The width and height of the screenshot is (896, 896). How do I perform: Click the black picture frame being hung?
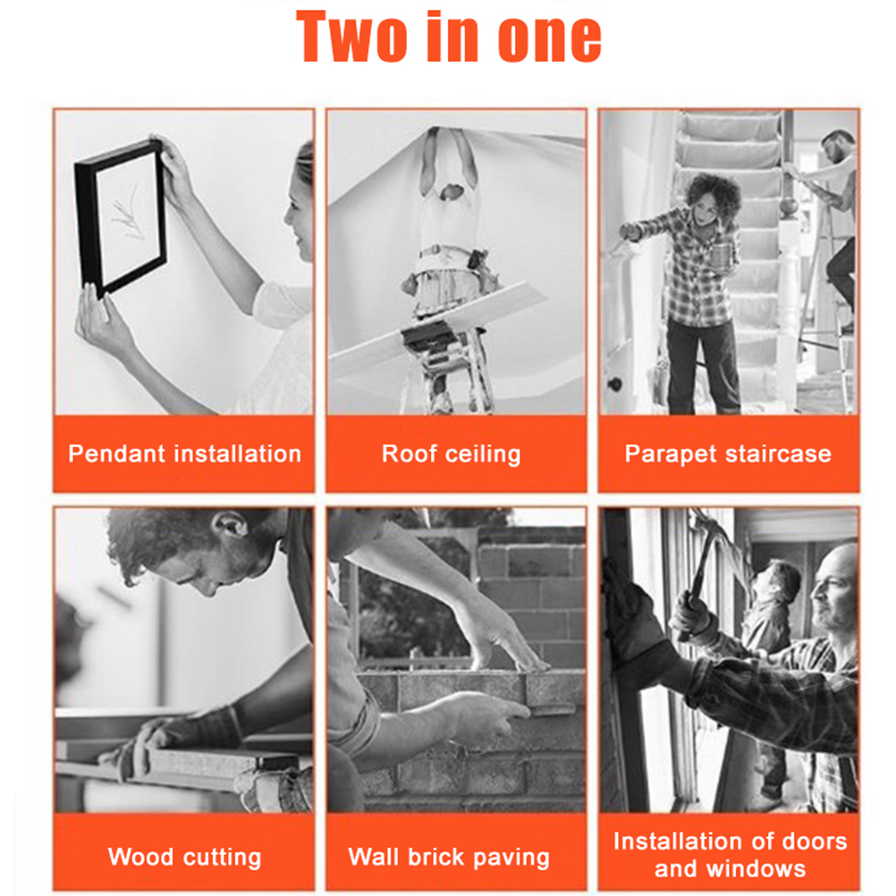(120, 217)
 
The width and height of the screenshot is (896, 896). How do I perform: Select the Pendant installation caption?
(184, 453)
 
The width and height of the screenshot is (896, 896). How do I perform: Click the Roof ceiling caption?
(452, 454)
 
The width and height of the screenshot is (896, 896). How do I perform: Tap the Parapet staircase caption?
(728, 454)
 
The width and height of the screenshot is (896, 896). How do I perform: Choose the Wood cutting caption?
(184, 858)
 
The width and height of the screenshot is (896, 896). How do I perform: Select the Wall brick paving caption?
(449, 858)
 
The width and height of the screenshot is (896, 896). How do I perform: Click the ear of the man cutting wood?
(232, 525)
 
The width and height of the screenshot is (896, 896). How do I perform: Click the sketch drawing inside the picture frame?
(127, 215)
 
